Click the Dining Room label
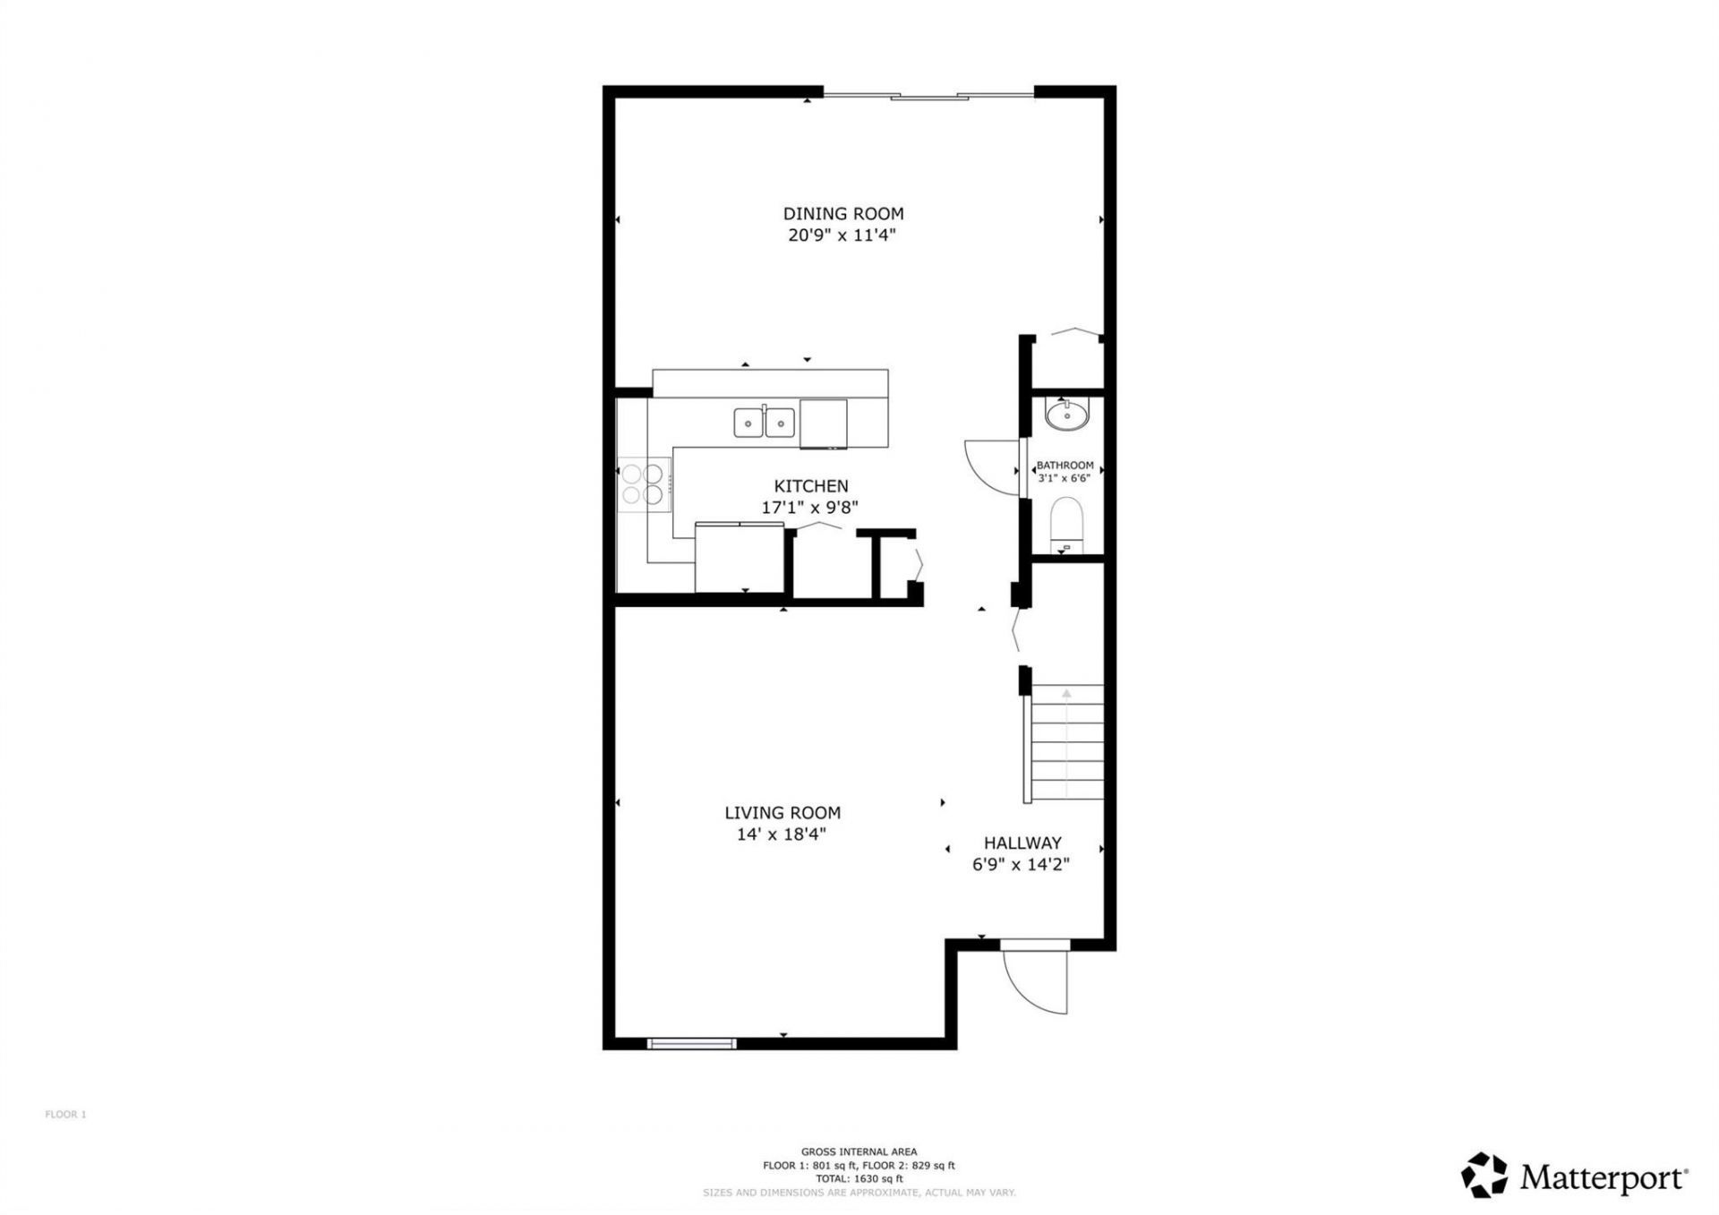pyautogui.click(x=843, y=214)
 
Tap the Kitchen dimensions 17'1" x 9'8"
pyautogui.click(x=809, y=508)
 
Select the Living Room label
pyautogui.click(x=783, y=813)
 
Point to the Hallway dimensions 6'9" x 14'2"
pyautogui.click(x=1022, y=865)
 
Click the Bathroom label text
pyautogui.click(x=1065, y=466)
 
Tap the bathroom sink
pyautogui.click(x=1066, y=415)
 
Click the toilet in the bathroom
pyautogui.click(x=1065, y=526)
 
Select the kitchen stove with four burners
pyautogui.click(x=644, y=483)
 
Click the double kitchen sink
pyautogui.click(x=765, y=422)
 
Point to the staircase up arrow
pyautogui.click(x=1066, y=693)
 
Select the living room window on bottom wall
pyautogui.click(x=691, y=1043)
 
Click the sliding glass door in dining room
pyautogui.click(x=928, y=96)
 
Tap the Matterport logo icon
pyautogui.click(x=1484, y=1175)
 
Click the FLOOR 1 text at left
pyautogui.click(x=65, y=1115)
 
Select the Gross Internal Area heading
pyautogui.click(x=859, y=1152)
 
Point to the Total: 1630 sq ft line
pyautogui.click(x=859, y=1179)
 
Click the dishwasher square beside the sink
pyautogui.click(x=823, y=423)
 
